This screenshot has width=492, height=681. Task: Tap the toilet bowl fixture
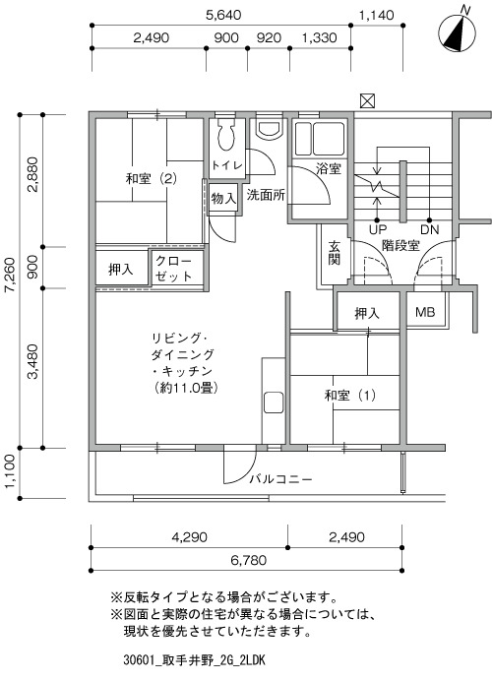coord(225,134)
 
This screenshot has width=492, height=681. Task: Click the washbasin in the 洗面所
coord(270,128)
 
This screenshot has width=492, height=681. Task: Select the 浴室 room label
coord(329,168)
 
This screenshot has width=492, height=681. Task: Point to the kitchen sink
coord(274,403)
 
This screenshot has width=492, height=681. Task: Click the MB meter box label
coord(425,312)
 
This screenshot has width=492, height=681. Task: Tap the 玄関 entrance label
coord(334,252)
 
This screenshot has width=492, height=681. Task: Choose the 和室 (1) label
coord(350,396)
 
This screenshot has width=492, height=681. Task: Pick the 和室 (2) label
coord(152,178)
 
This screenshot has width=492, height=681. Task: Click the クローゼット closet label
coord(173,269)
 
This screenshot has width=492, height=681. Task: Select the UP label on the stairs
coord(377,229)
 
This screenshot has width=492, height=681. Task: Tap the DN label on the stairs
coord(429,229)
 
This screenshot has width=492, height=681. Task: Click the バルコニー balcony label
coord(281,479)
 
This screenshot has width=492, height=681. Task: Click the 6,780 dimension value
coord(248,560)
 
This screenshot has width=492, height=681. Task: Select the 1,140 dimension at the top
coord(376,16)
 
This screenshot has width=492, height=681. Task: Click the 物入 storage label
coord(223,199)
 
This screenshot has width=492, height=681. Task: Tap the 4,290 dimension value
coord(189,537)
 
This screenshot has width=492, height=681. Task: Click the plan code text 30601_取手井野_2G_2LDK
coord(194,660)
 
